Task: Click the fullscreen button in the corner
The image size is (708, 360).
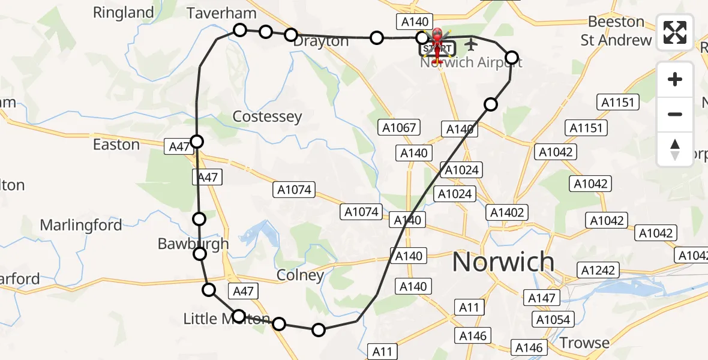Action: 675,32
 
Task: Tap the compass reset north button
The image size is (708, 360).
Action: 675,149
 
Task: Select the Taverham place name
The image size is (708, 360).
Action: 221,13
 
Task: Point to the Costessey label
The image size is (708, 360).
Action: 267,116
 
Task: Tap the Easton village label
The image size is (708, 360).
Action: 116,145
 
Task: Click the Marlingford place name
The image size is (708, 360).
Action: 81,226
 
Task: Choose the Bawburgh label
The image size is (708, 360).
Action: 193,244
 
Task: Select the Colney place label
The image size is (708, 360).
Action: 300,275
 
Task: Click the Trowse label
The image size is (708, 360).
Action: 584,343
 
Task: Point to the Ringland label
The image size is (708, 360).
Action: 124,13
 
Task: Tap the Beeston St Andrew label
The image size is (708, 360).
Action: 616,31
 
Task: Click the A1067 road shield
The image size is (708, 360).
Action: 399,127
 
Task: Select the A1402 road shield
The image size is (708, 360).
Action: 508,212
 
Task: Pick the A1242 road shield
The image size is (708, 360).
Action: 598,270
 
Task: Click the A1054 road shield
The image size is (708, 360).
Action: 552,319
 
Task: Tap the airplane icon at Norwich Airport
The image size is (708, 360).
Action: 471,44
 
